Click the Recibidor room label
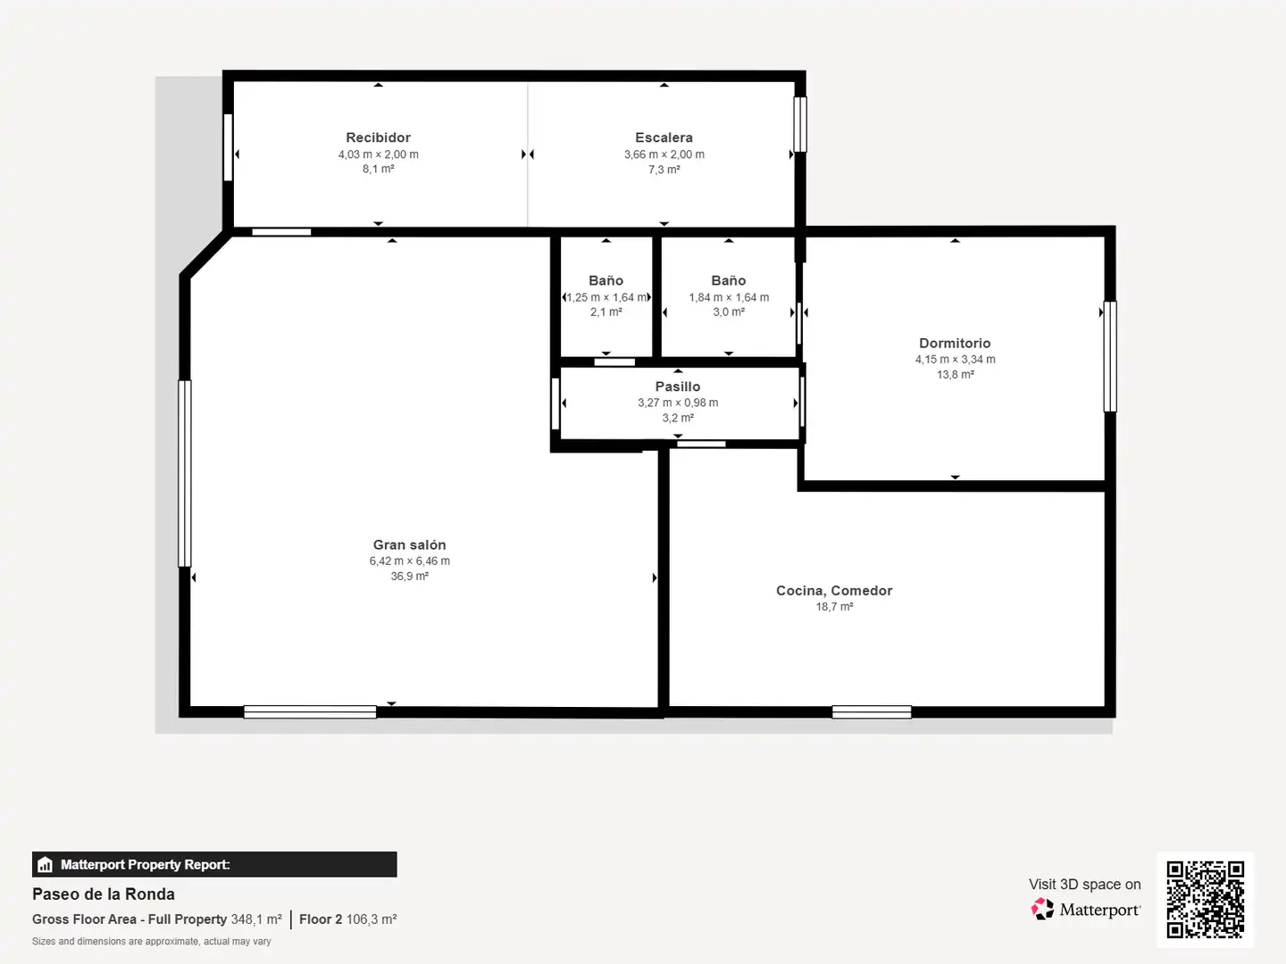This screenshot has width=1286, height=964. [378, 137]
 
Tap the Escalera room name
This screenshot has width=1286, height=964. [664, 137]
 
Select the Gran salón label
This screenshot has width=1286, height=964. [410, 544]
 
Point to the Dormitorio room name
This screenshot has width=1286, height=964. [955, 343]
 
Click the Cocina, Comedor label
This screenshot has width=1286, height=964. [834, 591]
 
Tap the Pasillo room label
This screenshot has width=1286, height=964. [678, 386]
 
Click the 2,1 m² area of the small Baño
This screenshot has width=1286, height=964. [605, 312]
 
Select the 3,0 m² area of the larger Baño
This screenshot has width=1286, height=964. [728, 312]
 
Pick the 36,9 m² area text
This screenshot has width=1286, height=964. [410, 576]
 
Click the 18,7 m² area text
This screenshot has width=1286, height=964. [834, 607]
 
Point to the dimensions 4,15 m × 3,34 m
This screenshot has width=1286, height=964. [955, 360]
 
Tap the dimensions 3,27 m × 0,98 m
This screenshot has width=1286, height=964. [678, 403]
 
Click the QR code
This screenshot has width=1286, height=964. [1205, 899]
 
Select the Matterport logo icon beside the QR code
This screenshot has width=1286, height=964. [1042, 909]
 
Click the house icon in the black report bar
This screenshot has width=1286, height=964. [46, 865]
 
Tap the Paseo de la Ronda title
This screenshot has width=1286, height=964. [103, 894]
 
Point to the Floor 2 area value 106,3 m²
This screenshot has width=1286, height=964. [372, 919]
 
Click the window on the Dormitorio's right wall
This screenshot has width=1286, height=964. [1110, 356]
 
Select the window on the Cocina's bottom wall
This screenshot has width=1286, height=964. [872, 711]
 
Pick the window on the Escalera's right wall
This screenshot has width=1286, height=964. [799, 124]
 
